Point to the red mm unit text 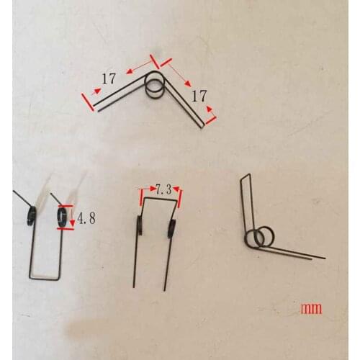pos(311,309)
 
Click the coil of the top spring pos(155,84)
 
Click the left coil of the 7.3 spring pos(140,227)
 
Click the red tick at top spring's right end pos(211,115)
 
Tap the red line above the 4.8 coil pos(63,206)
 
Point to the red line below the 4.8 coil pos(63,228)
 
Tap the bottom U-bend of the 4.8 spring pos(45,277)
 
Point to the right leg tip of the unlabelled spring pos(324,258)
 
